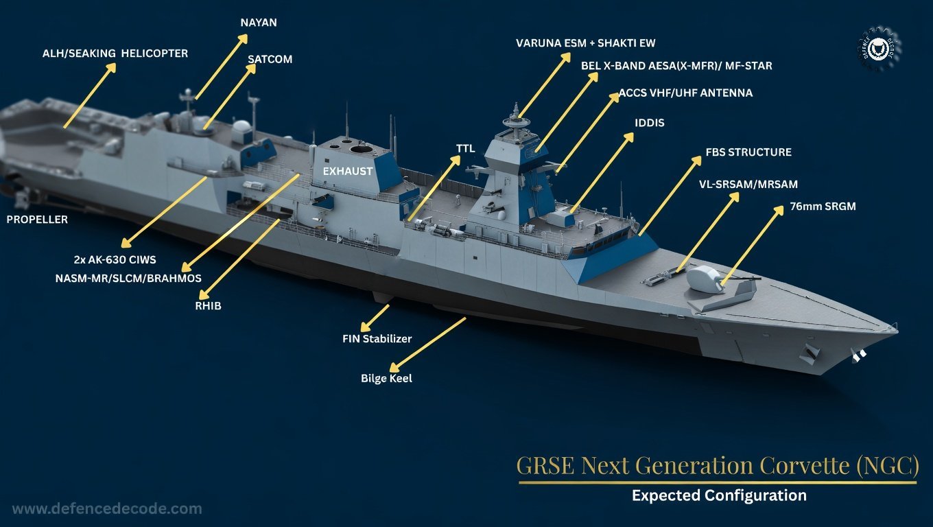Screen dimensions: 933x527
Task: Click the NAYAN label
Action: (259, 23)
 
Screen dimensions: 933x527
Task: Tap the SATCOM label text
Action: (270, 59)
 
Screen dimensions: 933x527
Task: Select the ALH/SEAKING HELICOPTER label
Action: (115, 54)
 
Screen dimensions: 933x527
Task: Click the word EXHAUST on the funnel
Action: (347, 172)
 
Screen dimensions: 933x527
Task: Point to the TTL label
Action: (465, 149)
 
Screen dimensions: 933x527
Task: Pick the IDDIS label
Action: (650, 123)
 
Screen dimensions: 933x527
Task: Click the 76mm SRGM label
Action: (823, 207)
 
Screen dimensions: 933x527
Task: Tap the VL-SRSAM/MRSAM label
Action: (748, 184)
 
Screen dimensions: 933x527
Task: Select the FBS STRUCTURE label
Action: (748, 152)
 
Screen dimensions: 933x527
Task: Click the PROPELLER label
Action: (37, 220)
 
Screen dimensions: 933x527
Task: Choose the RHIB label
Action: (209, 306)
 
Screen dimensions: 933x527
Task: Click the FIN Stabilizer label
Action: (377, 339)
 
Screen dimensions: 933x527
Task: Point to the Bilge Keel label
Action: (386, 378)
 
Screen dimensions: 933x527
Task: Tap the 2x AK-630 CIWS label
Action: (115, 260)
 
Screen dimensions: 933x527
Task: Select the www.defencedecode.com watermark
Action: (107, 509)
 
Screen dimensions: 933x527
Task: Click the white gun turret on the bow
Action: (703, 278)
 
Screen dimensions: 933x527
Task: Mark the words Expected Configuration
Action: (720, 495)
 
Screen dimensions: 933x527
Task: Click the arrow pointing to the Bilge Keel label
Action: (427, 344)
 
